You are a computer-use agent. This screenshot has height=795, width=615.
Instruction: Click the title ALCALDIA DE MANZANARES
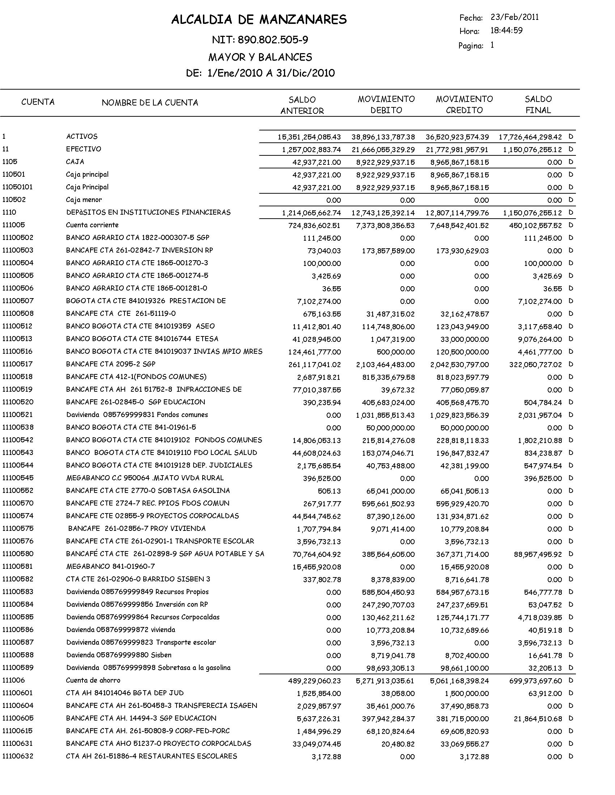[x=259, y=20]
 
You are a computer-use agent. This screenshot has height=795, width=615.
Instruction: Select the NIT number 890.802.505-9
[x=272, y=40]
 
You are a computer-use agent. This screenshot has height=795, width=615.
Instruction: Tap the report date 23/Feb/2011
[x=514, y=17]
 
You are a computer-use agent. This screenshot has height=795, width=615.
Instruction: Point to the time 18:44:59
[x=506, y=31]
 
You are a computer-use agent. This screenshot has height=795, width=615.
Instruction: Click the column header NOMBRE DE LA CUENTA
[x=150, y=103]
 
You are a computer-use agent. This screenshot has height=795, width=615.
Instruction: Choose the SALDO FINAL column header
[x=538, y=104]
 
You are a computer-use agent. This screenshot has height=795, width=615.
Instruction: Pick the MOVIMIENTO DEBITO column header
[x=386, y=104]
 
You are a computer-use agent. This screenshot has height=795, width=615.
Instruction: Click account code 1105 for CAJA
[x=10, y=162]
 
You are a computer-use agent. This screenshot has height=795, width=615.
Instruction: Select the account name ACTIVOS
[x=82, y=137]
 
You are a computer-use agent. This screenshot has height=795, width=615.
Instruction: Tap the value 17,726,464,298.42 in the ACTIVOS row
[x=530, y=137]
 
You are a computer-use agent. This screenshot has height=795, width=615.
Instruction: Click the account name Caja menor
[x=84, y=200]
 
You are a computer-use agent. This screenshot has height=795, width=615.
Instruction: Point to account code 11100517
[x=17, y=364]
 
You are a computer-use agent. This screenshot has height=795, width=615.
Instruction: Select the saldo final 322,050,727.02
[x=535, y=365]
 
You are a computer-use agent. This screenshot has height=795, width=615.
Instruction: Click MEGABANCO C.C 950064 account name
[x=145, y=478]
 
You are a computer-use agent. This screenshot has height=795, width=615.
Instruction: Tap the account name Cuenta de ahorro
[x=93, y=680]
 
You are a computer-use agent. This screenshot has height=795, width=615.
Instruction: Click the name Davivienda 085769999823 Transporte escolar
[x=141, y=643]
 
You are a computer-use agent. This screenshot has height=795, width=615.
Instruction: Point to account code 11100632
[x=17, y=756]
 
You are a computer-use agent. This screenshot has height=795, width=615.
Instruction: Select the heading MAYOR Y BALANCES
[x=260, y=57]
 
